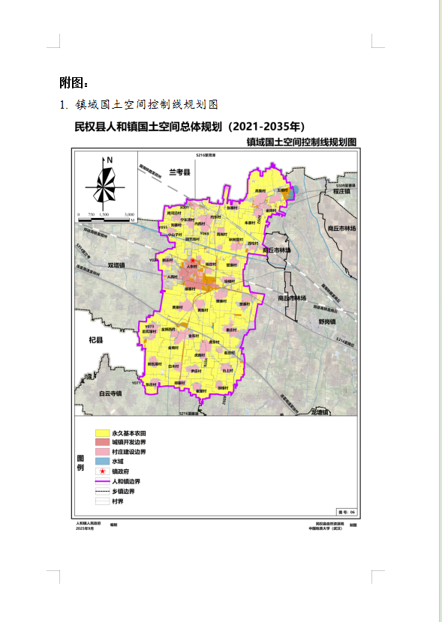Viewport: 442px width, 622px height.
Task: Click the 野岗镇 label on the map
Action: click(327, 321)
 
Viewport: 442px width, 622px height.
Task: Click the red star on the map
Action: click(192, 260)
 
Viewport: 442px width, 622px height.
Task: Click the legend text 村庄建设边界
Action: click(128, 453)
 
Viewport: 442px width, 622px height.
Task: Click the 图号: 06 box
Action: click(345, 512)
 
